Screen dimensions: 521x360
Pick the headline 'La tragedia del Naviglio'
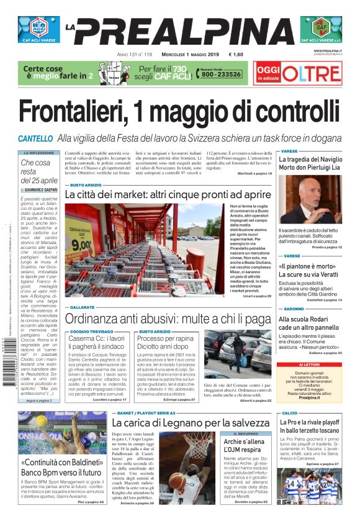pos(310,160)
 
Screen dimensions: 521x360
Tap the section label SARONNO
pos(294,308)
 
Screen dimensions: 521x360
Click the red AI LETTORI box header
pos(309,365)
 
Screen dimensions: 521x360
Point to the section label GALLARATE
pos(82,307)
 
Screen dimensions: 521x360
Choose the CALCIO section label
pos(290,412)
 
